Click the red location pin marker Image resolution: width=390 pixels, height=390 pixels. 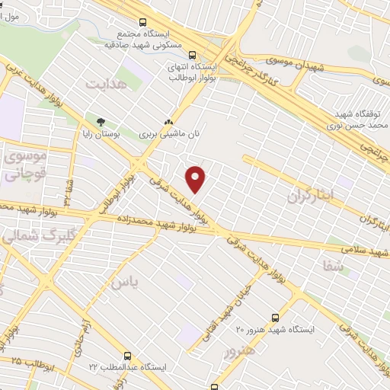pyautogui.click(x=197, y=179)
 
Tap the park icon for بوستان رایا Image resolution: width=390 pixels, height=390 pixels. pyautogui.click(x=101, y=121)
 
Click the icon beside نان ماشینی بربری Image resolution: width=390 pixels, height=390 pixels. pyautogui.click(x=169, y=121)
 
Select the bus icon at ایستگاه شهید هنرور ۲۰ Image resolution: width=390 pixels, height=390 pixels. pyautogui.click(x=274, y=318)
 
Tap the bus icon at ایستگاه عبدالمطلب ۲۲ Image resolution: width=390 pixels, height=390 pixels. pyautogui.click(x=126, y=356)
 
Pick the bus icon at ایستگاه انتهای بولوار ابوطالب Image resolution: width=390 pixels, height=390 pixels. pyautogui.click(x=192, y=54)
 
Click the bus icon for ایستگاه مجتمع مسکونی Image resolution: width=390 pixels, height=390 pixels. pyautogui.click(x=143, y=24)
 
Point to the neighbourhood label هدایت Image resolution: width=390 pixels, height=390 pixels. pyautogui.click(x=104, y=82)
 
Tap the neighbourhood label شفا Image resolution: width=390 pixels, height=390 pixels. pyautogui.click(x=334, y=266)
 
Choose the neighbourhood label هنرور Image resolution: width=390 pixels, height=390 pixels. pyautogui.click(x=238, y=352)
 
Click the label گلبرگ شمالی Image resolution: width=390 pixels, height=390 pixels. pyautogui.click(x=19, y=235)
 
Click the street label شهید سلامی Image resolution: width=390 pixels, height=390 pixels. pyautogui.click(x=364, y=250)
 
